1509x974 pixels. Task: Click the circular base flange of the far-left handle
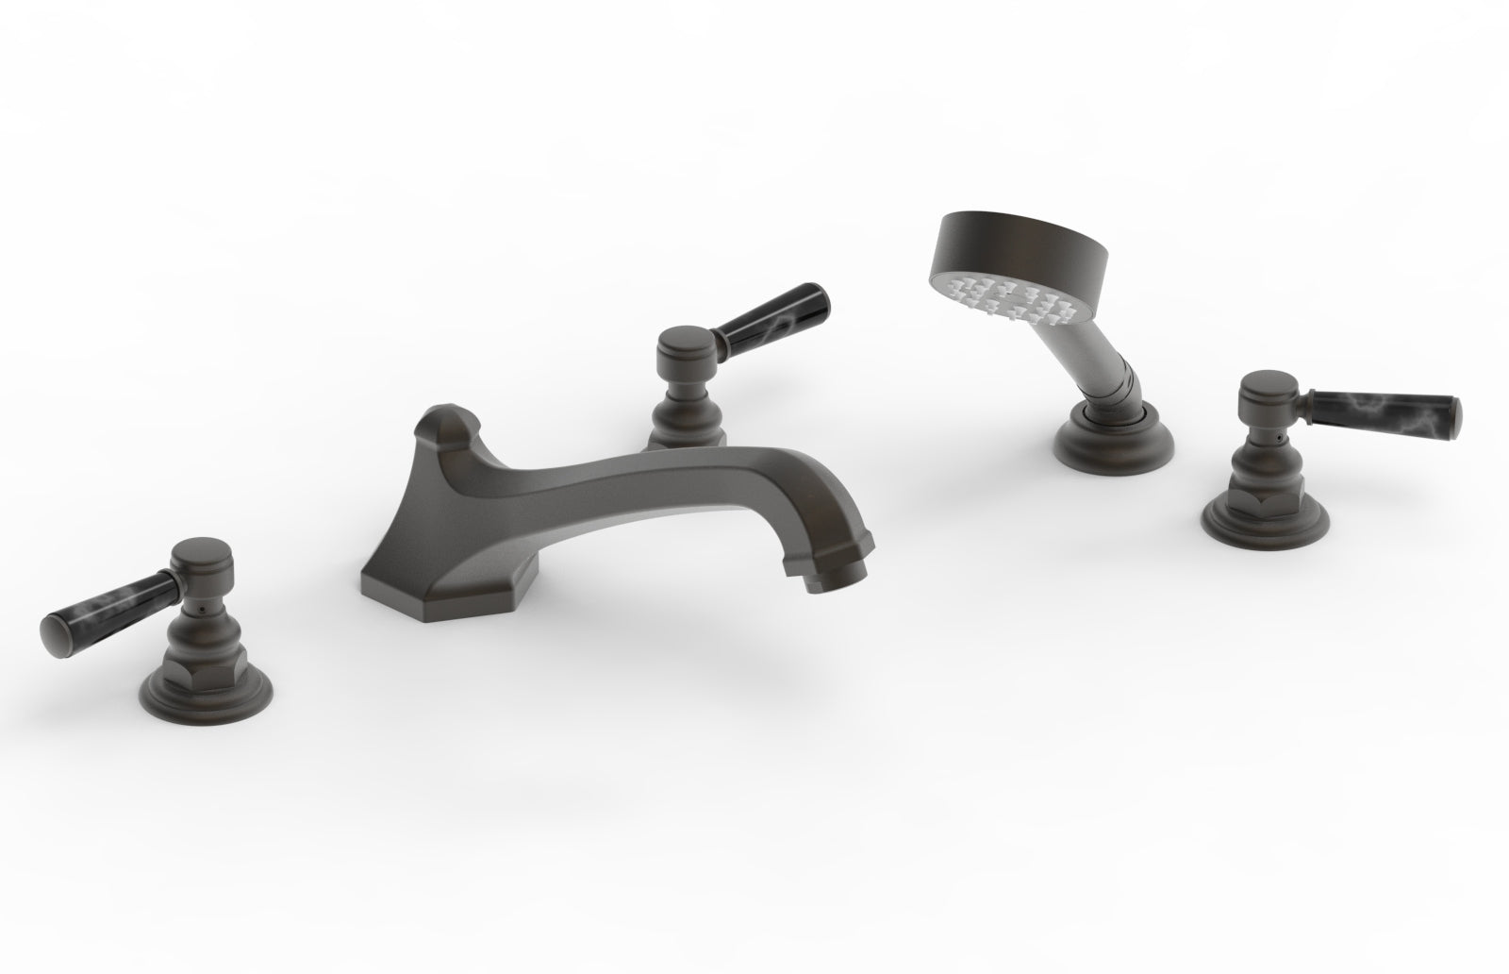click(201, 687)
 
